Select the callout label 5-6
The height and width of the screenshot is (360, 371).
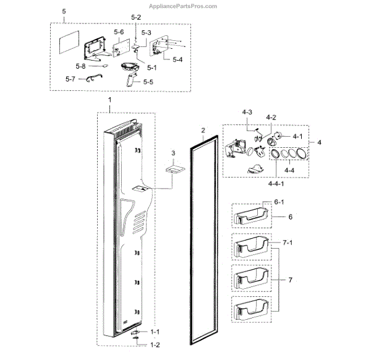[x=118, y=32]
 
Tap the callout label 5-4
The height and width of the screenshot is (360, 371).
[x=177, y=59]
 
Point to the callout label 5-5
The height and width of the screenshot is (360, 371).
[x=149, y=82]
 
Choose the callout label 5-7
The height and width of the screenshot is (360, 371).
[x=71, y=79]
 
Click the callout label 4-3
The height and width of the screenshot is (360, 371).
[x=247, y=112]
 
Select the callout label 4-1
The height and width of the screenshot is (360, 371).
[x=297, y=136]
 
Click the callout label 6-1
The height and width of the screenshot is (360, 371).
[x=278, y=202]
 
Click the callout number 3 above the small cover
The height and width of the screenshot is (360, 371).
[x=174, y=152]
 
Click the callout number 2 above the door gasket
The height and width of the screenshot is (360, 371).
[x=202, y=131]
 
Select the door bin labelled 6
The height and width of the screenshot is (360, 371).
[x=251, y=217]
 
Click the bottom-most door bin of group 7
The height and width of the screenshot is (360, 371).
[x=251, y=308]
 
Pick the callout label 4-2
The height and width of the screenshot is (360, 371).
[x=271, y=117]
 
